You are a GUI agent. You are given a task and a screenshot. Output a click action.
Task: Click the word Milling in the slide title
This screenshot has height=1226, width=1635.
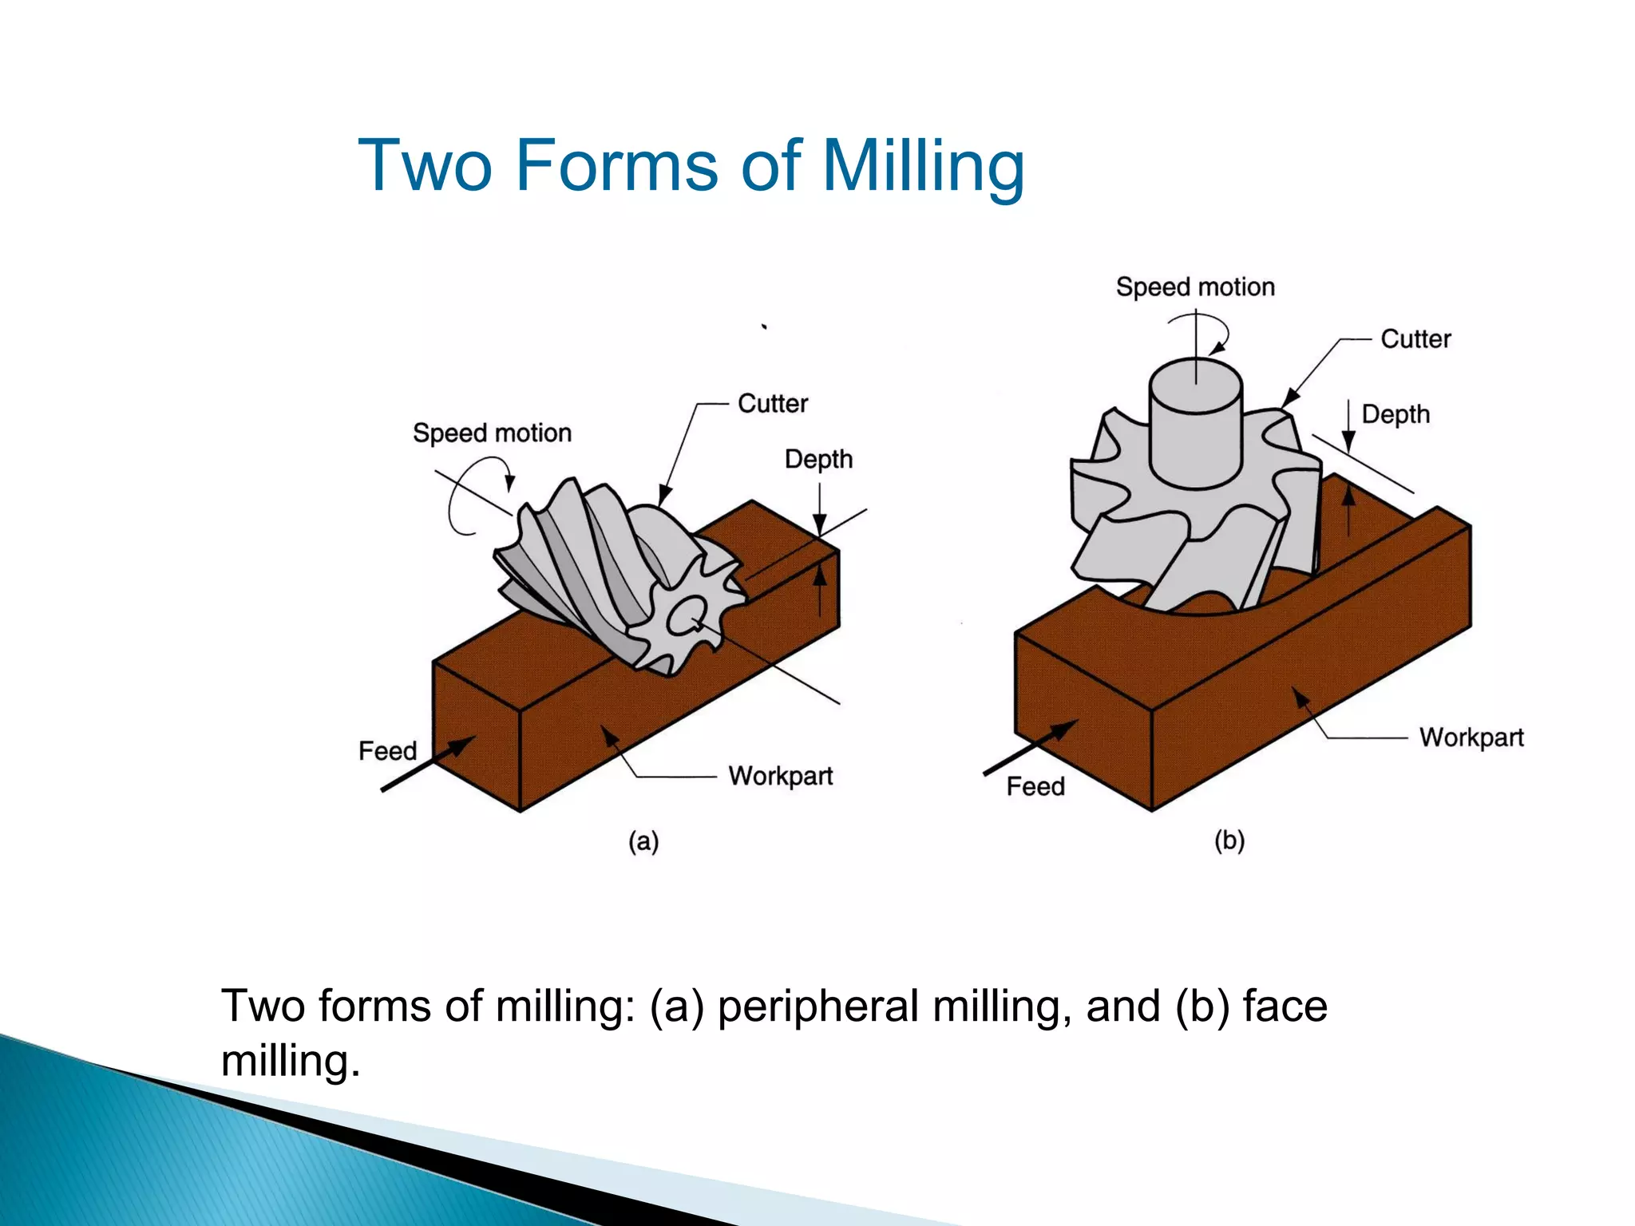pyautogui.click(x=923, y=166)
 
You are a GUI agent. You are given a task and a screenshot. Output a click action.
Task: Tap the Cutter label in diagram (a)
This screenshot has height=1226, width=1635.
pyautogui.click(x=772, y=403)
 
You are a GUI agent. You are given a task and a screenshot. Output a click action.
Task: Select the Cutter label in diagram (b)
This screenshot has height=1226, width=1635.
pyautogui.click(x=1415, y=338)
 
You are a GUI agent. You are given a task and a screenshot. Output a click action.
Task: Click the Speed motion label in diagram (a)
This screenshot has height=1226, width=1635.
pyautogui.click(x=492, y=433)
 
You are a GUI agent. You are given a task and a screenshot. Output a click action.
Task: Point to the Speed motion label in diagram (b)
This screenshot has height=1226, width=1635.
pyautogui.click(x=1194, y=287)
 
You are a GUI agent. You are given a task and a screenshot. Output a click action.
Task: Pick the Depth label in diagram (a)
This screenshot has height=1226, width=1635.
pyautogui.click(x=818, y=459)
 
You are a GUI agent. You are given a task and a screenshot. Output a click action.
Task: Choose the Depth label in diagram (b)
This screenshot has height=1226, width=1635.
pyautogui.click(x=1395, y=414)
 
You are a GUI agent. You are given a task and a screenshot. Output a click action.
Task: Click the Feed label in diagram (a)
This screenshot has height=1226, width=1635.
pyautogui.click(x=387, y=750)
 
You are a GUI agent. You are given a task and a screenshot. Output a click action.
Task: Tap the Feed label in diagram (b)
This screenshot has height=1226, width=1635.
pyautogui.click(x=1035, y=786)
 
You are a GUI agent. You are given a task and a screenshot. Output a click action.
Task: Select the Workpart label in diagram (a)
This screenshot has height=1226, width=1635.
pyautogui.click(x=780, y=776)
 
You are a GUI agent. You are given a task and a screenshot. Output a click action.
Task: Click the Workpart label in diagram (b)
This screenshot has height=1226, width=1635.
pyautogui.click(x=1471, y=737)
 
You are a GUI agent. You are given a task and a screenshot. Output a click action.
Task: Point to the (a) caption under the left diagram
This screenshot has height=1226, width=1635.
pyautogui.click(x=643, y=841)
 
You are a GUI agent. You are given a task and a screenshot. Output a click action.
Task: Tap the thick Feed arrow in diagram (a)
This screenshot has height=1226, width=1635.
pyautogui.click(x=428, y=765)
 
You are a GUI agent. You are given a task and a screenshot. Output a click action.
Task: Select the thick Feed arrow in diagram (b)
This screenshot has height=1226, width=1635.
pyautogui.click(x=1031, y=747)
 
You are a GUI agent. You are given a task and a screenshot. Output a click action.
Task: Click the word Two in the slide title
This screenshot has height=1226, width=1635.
pyautogui.click(x=425, y=166)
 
